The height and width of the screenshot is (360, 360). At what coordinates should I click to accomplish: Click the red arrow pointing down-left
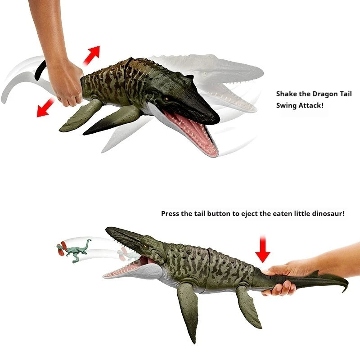[45, 108]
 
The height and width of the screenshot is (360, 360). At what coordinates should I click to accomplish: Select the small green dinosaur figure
[75, 250]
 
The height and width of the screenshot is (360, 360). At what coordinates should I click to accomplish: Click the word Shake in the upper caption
[286, 94]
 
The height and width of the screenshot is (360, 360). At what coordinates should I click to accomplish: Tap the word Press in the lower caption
[171, 213]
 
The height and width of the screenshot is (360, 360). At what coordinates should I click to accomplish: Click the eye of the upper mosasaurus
[167, 99]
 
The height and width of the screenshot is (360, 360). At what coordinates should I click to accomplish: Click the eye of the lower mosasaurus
[144, 246]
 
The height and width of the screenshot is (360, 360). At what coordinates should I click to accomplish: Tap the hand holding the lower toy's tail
[281, 277]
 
